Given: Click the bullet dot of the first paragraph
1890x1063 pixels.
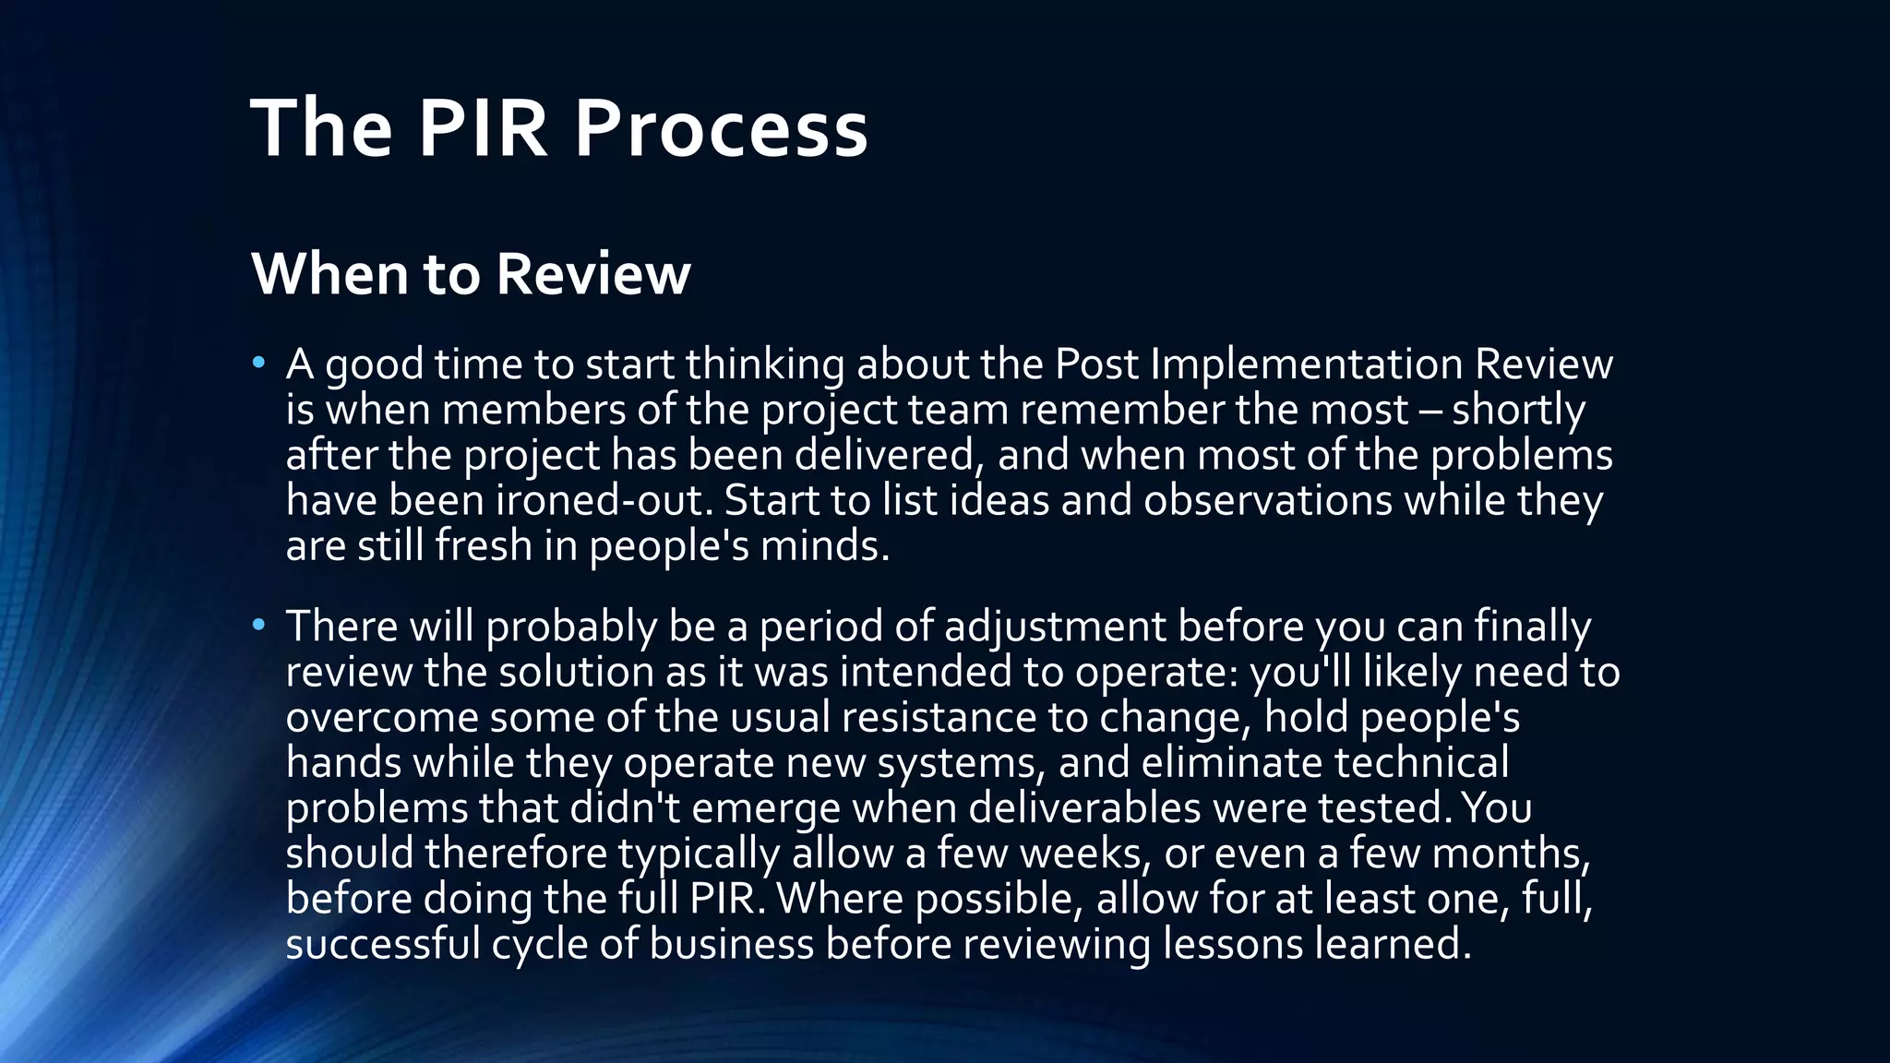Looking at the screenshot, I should pos(259,363).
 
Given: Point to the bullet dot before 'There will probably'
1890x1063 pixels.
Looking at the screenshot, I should pos(259,626).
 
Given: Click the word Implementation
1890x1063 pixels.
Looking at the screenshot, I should pos(1307,364).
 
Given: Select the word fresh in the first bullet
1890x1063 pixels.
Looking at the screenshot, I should pos(484,545).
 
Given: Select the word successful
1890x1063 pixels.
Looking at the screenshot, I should pos(383,944).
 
